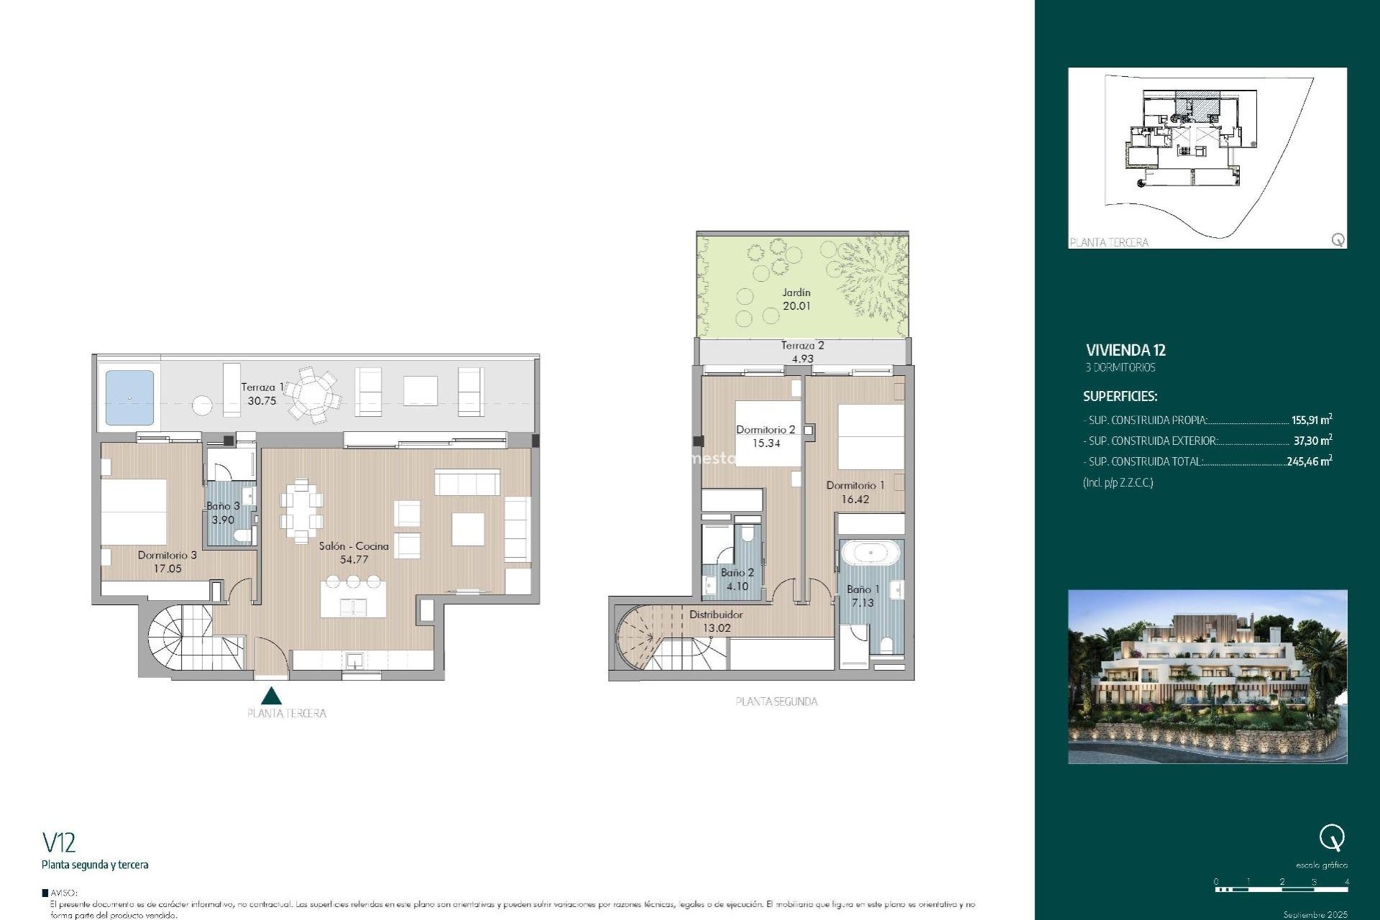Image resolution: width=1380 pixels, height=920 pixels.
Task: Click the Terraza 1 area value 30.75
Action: coord(262,401)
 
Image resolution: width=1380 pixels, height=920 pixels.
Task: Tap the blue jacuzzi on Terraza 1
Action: coord(129,397)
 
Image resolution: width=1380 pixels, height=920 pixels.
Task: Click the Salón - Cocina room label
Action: coord(354,546)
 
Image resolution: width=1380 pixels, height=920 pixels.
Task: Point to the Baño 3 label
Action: coord(223,506)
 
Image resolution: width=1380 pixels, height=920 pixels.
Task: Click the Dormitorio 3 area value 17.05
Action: coord(167,569)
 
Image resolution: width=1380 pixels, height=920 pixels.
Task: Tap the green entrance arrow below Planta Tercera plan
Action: coord(271,696)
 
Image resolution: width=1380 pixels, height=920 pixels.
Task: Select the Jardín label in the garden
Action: coord(796,293)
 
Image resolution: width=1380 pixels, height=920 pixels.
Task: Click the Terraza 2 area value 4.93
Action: coord(802,359)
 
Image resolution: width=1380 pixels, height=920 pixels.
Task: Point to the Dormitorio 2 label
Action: coord(765,430)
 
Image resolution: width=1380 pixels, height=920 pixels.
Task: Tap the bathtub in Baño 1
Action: coord(870,553)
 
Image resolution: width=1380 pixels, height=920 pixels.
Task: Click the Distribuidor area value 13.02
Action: coord(717,628)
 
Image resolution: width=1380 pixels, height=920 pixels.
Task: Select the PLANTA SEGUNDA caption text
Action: coord(776,701)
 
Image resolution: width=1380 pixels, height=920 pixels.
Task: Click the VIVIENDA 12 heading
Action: coord(1126,351)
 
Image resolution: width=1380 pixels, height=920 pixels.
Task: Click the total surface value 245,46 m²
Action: coord(1309,461)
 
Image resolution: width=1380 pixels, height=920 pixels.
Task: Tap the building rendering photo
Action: coord(1207,676)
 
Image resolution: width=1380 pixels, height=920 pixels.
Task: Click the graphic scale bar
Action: coord(1282,890)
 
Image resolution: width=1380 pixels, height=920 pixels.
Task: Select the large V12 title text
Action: coord(59,842)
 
